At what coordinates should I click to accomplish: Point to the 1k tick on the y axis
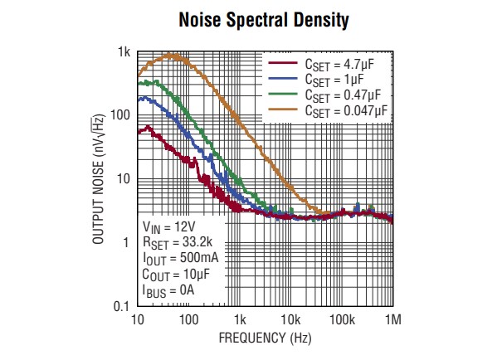[x=124, y=52]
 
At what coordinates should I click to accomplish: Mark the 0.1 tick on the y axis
[x=120, y=307]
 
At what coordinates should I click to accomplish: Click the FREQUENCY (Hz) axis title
[x=265, y=338]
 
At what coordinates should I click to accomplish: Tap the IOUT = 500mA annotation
[x=175, y=259]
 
